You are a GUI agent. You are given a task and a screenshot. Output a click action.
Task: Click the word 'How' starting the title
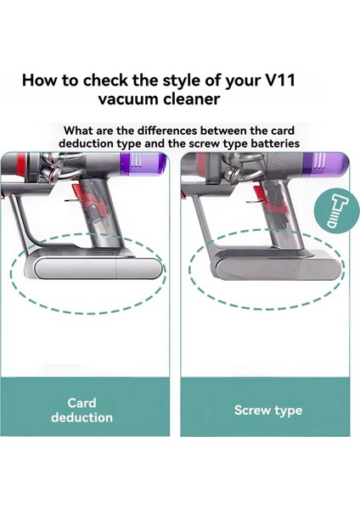coord(40,81)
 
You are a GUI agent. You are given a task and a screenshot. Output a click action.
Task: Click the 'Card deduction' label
coord(82,410)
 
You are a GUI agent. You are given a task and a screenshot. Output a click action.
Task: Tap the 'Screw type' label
coord(268,411)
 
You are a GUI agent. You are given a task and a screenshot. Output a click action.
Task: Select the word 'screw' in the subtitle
coord(201,143)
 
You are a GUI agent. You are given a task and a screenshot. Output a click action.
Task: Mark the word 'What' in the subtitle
coord(80,131)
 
